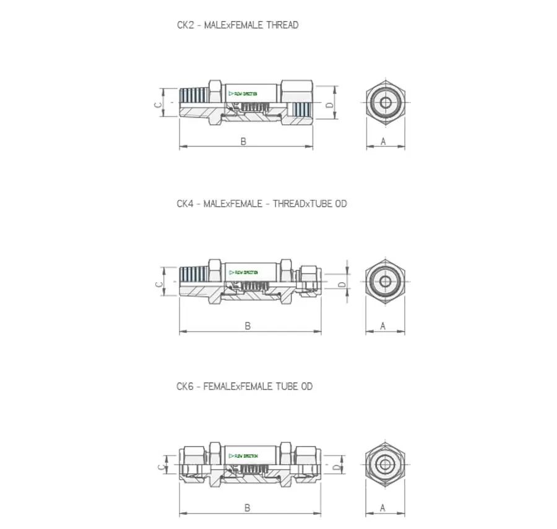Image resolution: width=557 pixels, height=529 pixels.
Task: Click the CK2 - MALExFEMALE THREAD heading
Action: click(237, 25)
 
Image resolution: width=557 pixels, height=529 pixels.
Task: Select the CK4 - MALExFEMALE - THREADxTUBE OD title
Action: click(261, 204)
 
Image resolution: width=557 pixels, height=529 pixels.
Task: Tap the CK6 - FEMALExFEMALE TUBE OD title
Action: click(244, 387)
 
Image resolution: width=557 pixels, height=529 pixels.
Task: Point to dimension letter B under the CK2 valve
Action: click(243, 142)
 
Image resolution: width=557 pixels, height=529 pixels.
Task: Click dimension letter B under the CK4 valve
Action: click(248, 326)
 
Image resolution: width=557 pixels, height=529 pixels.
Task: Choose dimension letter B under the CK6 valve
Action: click(247, 508)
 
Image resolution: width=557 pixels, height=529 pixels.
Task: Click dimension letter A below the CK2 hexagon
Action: click(383, 142)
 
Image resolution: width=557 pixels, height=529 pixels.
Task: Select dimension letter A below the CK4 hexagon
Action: click(382, 326)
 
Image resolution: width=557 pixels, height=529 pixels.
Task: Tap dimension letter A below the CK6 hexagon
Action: click(382, 508)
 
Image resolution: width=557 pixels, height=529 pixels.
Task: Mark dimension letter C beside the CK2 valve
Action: click(158, 105)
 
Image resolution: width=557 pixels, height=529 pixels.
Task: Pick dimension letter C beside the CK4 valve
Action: click(158, 285)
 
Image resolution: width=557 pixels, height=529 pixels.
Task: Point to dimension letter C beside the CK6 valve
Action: click(158, 467)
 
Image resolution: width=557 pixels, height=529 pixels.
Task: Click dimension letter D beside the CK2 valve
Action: click(330, 105)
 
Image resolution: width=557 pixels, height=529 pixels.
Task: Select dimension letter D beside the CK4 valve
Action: click(341, 285)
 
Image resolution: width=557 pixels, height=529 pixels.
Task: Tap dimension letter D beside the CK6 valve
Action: click(336, 467)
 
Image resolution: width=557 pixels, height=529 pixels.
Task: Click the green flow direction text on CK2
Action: click(244, 94)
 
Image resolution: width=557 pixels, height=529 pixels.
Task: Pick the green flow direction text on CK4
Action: click(244, 273)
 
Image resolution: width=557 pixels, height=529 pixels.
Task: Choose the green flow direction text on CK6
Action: click(244, 456)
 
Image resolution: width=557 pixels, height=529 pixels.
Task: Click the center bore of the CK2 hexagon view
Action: click(385, 102)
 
